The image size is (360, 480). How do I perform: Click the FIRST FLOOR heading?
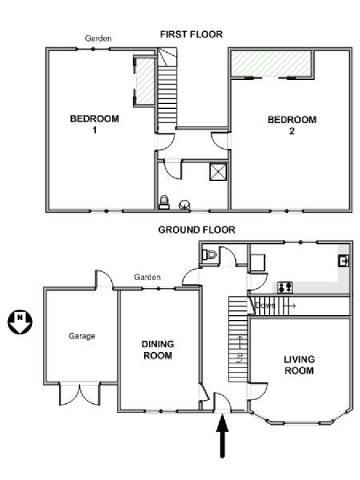point(191,34)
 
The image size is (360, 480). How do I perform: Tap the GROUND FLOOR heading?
point(197,230)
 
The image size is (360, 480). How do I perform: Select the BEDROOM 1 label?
point(94,124)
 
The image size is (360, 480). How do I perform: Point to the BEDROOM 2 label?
point(292,125)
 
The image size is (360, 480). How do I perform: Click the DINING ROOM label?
point(158,350)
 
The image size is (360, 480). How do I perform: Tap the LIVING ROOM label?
point(299,365)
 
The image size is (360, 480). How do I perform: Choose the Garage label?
point(82,336)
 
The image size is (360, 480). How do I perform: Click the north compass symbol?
point(20,322)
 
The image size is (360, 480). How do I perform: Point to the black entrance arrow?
point(222,435)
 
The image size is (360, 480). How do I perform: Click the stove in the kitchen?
point(285,287)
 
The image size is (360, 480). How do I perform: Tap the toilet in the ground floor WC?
point(210,254)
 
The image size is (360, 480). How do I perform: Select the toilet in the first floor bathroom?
point(164,202)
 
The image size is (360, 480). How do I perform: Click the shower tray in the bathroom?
point(218,172)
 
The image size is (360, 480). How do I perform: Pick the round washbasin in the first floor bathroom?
point(184,205)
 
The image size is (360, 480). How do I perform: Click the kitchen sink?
point(343,261)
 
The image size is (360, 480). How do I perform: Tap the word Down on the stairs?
point(265,306)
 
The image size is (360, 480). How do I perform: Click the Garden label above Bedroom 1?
point(98,38)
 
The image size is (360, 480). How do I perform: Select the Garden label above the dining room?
point(147,278)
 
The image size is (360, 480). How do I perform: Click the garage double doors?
point(79,394)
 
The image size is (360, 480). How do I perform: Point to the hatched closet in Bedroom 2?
point(271,63)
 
